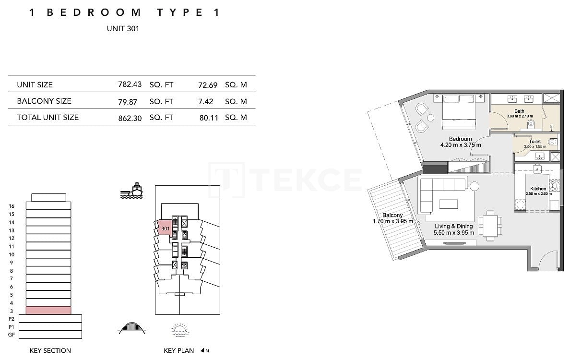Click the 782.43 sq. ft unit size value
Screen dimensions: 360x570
click(130, 84)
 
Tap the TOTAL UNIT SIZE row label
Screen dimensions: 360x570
click(47, 117)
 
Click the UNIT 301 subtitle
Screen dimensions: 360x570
click(123, 28)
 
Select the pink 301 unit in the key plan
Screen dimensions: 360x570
click(164, 228)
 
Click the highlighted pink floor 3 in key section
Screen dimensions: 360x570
click(48, 311)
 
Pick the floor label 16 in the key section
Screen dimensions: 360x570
click(12, 206)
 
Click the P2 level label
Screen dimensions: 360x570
click(12, 319)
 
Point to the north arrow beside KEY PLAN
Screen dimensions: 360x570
click(204, 351)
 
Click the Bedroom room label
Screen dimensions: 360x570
click(460, 139)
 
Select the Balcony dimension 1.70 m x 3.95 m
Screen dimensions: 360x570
click(393, 221)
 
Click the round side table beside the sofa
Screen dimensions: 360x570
click(475, 186)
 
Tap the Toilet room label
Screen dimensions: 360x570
click(534, 142)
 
